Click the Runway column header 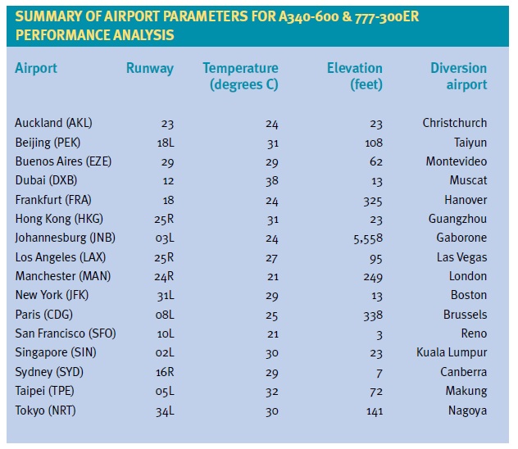point(149,69)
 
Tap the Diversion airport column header point(458,76)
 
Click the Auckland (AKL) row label point(53,123)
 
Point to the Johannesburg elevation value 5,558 point(366,238)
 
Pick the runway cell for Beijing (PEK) point(164,143)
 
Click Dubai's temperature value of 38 point(271,180)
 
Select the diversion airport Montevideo point(456,161)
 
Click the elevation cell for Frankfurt point(372,200)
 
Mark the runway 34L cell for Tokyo point(164,410)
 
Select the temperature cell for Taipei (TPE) point(271,391)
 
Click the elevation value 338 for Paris point(372,315)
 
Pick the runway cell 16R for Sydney point(164,372)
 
